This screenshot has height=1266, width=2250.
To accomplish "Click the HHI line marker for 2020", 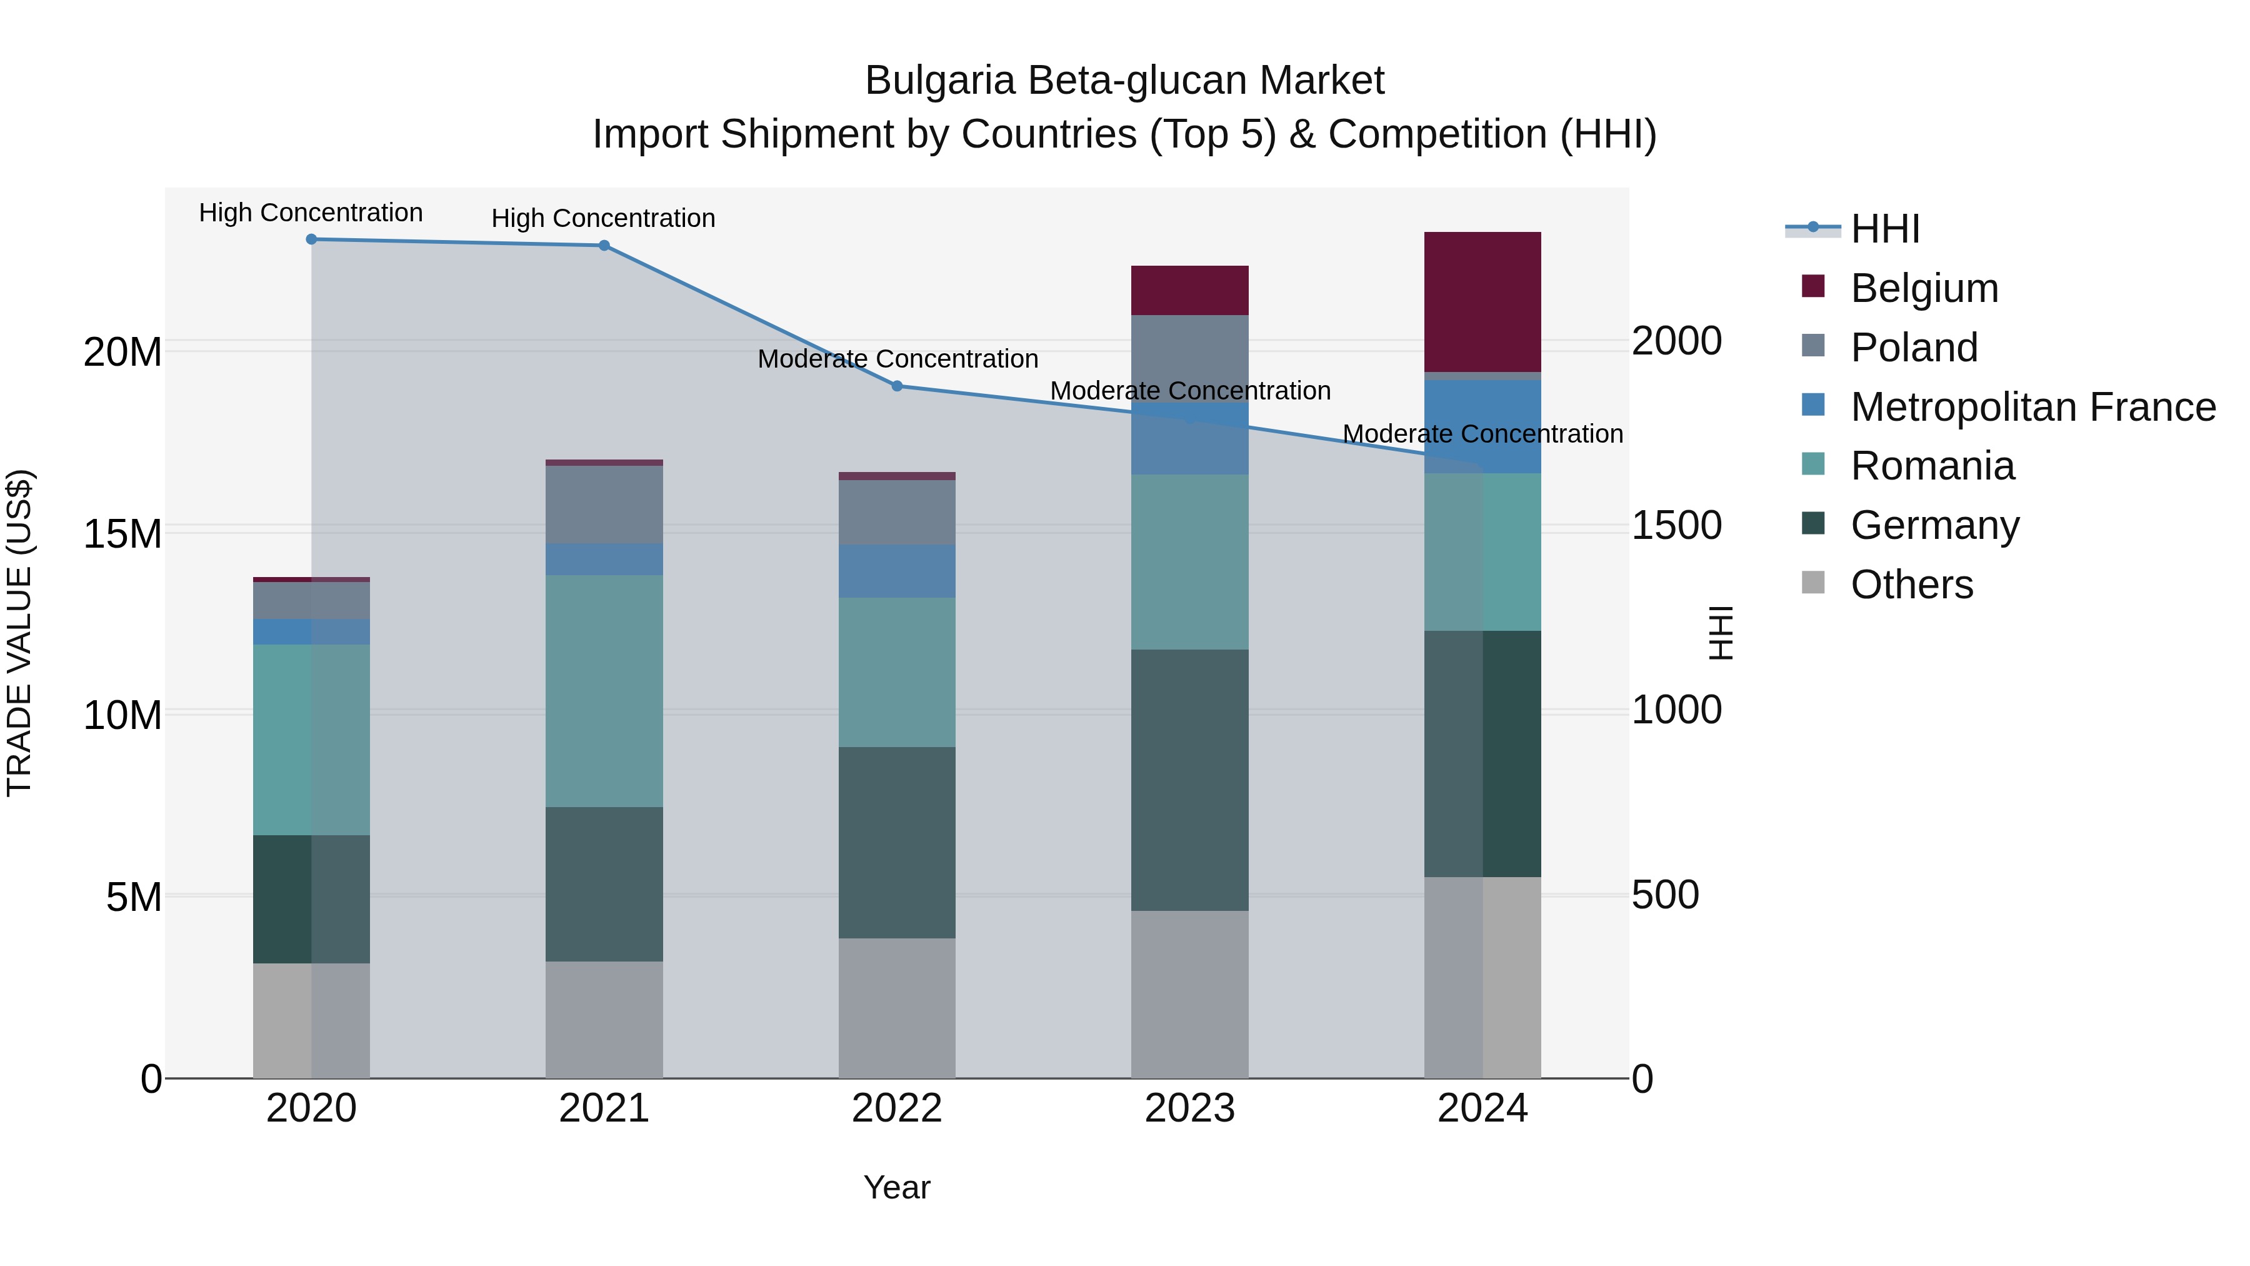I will click(311, 239).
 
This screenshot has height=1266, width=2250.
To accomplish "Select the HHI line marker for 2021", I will click(604, 246).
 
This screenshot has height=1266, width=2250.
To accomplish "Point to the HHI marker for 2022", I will click(897, 386).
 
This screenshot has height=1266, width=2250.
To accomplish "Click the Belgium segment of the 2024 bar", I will click(1482, 303).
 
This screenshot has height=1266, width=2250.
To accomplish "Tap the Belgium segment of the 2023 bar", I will click(1189, 290).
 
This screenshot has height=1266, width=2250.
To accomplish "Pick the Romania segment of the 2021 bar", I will click(604, 690).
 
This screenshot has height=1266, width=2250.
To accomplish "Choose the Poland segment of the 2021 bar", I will click(604, 505).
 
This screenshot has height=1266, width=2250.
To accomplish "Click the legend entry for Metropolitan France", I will click(2032, 407).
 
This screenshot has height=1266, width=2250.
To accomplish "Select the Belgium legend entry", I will click(1924, 288).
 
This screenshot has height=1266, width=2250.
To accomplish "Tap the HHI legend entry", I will click(1885, 229).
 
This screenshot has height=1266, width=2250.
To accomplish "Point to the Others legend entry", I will click(1911, 585).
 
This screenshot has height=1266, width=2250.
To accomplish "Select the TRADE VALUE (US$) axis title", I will click(20, 633).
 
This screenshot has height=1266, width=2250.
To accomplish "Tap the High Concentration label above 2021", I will click(604, 218).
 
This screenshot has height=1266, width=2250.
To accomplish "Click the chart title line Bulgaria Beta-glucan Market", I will click(1124, 81).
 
